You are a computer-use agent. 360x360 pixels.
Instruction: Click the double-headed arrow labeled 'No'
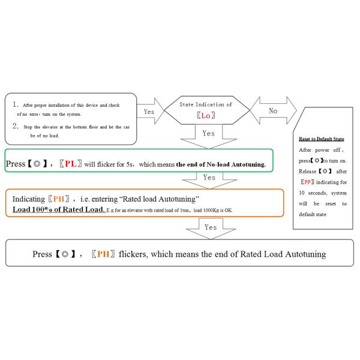(x=273, y=111)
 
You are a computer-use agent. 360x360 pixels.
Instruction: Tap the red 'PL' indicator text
(x=70, y=164)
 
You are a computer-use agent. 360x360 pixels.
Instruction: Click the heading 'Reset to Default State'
(x=322, y=139)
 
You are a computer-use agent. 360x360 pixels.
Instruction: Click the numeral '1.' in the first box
(x=16, y=104)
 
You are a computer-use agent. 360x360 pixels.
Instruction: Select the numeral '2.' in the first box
(x=16, y=125)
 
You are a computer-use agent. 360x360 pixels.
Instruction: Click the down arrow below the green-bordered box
(x=208, y=179)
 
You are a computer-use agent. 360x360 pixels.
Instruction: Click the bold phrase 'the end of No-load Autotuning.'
(x=221, y=164)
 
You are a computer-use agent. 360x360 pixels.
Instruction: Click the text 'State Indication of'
(x=206, y=104)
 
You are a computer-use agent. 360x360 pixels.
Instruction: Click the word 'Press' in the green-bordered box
(x=16, y=164)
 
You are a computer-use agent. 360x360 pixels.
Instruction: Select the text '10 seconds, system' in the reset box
(x=322, y=193)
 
